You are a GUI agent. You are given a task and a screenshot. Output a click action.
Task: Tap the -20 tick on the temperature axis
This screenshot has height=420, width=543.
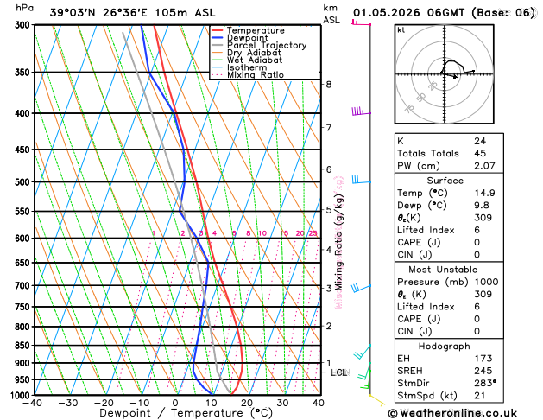point(104,403)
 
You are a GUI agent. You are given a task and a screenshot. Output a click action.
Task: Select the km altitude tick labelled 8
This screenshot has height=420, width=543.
point(329,84)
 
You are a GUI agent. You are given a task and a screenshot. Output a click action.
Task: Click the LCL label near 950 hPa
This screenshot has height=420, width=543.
point(338,372)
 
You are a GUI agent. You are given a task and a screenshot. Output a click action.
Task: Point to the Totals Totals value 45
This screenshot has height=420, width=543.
point(479,153)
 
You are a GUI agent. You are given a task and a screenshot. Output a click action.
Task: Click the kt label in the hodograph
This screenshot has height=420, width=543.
point(401,29)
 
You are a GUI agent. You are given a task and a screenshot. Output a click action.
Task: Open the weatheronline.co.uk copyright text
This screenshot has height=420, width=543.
point(466,412)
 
